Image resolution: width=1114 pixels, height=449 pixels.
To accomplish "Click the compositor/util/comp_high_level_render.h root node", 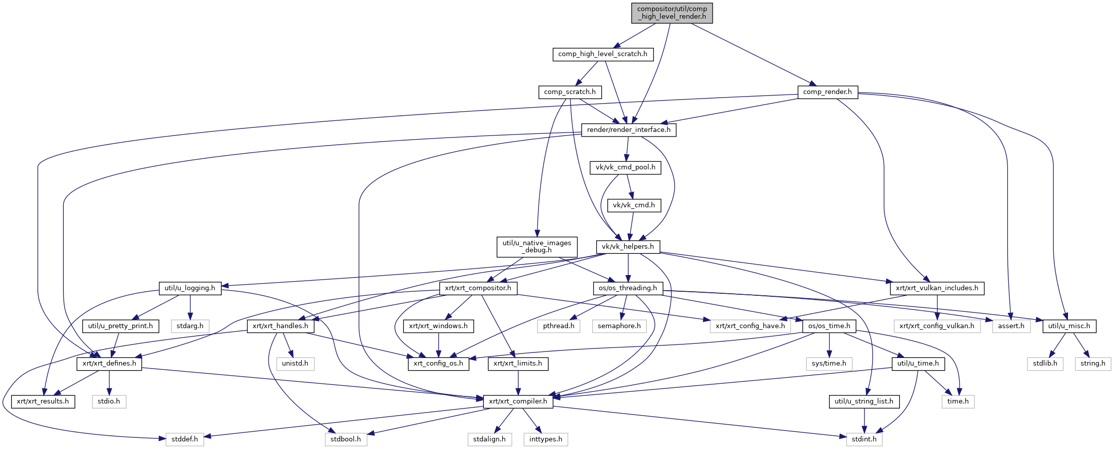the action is click(x=672, y=13).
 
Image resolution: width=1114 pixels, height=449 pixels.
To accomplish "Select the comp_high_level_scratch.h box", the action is click(x=602, y=54).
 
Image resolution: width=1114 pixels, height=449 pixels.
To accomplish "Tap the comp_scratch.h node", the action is click(x=569, y=92).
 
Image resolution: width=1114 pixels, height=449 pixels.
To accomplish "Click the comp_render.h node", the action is click(x=827, y=92).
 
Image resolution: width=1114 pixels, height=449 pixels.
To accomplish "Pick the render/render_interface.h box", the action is click(x=629, y=130).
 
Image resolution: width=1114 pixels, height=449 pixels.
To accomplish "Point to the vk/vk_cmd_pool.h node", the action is click(x=625, y=167).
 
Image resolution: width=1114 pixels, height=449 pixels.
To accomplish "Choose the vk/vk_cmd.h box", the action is click(x=634, y=205).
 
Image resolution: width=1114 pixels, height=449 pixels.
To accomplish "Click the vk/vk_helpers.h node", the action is click(x=628, y=247).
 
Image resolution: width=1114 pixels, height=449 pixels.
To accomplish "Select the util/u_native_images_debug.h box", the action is click(x=537, y=247).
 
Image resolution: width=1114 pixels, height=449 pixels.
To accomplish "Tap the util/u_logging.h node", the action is click(x=190, y=288).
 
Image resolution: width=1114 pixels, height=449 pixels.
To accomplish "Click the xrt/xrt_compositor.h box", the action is click(x=478, y=288).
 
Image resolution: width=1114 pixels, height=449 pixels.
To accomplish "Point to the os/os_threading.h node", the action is click(x=628, y=288).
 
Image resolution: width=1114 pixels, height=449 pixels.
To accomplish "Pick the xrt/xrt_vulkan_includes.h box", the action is click(x=937, y=288).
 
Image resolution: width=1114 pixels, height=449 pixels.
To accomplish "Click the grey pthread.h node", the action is click(x=559, y=326).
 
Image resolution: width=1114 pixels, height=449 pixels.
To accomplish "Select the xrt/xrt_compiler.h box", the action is click(x=518, y=401).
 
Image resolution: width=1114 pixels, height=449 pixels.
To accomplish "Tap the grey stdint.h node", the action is click(x=864, y=439).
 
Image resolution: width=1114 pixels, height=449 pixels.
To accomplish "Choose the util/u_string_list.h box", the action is click(x=864, y=401).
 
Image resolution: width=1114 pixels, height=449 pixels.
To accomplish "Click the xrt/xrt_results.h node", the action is click(x=43, y=401).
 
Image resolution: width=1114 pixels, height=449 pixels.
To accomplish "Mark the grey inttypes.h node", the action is click(x=546, y=439).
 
